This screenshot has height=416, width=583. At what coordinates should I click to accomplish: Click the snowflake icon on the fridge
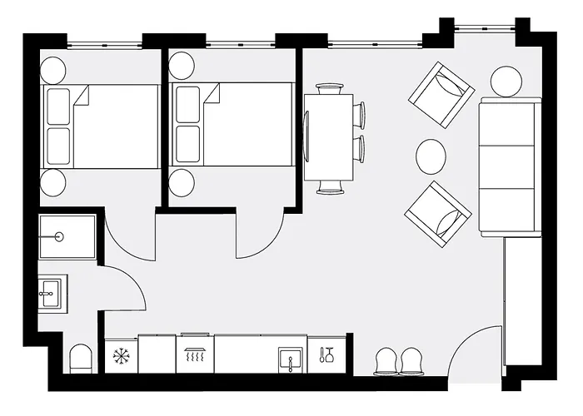pos(122,357)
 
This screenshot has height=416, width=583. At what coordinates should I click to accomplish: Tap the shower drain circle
pos(60,237)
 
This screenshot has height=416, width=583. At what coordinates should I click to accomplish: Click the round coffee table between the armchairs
pos(431,155)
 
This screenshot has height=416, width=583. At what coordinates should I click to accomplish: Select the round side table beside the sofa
pos(506,82)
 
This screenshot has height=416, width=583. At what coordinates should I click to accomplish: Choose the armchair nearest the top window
pos(441,93)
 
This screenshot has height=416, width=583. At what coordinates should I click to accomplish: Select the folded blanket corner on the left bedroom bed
pos(81,99)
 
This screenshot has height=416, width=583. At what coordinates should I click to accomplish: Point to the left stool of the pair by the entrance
pos(388,361)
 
